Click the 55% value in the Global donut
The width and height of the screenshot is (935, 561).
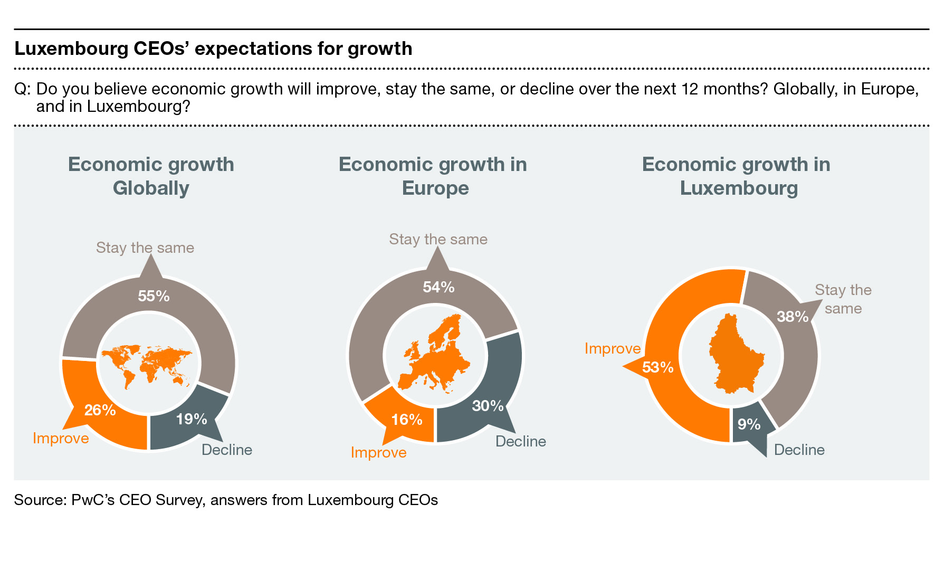coord(154,296)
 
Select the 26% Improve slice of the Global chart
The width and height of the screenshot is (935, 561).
coord(100,410)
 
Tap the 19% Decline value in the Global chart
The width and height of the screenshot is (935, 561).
coord(191,419)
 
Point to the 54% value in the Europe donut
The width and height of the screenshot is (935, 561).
coord(438,287)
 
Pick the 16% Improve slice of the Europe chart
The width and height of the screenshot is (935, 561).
coord(406,420)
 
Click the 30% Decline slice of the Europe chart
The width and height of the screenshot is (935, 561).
coord(488,405)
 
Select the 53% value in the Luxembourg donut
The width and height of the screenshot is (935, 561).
coord(657,367)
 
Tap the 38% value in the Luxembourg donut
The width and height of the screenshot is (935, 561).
coord(793,317)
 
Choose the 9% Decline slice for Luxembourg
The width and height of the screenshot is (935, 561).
coord(749,424)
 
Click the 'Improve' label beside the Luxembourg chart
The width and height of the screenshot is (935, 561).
coord(613,349)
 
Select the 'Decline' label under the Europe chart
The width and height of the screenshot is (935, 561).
coord(520,441)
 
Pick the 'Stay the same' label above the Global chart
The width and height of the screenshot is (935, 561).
coord(145,248)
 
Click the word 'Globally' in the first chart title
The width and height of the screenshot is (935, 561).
coord(151,188)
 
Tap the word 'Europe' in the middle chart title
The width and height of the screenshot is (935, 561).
coord(435,188)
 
